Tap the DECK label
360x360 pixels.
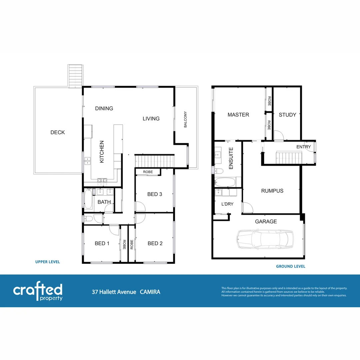pyautogui.click(x=58, y=132)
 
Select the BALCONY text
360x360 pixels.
pyautogui.click(x=185, y=119)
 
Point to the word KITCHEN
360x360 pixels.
pyautogui.click(x=102, y=152)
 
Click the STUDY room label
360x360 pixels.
pyautogui.click(x=287, y=115)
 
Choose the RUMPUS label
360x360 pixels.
pyautogui.click(x=272, y=191)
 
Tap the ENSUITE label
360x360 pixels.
pyautogui.click(x=231, y=158)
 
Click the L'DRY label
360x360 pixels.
pyautogui.click(x=227, y=204)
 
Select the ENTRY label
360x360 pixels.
pyautogui.click(x=303, y=147)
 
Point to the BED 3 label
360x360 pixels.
pyautogui.click(x=155, y=194)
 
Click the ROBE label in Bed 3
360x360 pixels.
pyautogui.click(x=148, y=172)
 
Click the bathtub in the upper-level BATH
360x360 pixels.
pyautogui.click(x=88, y=199)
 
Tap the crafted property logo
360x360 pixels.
pyautogui.click(x=38, y=292)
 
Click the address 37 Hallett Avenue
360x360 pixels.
pyautogui.click(x=114, y=292)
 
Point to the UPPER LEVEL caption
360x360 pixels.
pyautogui.click(x=48, y=262)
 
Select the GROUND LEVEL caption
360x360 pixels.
pyautogui.click(x=290, y=266)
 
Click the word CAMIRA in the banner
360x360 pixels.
pyautogui.click(x=150, y=292)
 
